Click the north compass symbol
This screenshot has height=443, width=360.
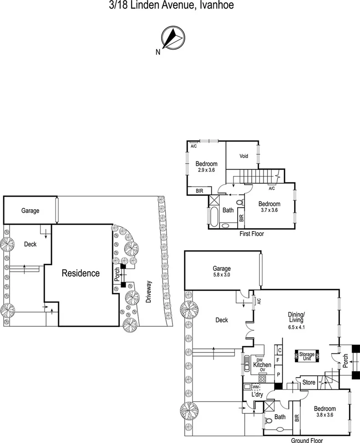tap(172, 38)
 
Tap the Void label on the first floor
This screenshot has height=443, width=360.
tap(244, 156)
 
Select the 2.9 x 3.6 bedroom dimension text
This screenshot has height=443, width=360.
tap(206, 170)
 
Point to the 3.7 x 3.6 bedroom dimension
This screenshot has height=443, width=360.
tap(269, 210)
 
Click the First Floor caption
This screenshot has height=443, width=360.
tap(251, 234)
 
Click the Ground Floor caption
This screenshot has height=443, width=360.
tap(307, 440)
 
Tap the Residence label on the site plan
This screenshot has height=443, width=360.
tap(81, 273)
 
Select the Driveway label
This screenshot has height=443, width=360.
tap(149, 292)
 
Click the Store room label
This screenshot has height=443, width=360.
tap(309, 383)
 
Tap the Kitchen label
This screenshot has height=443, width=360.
tap(262, 365)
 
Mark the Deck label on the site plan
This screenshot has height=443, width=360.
tap(30, 244)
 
